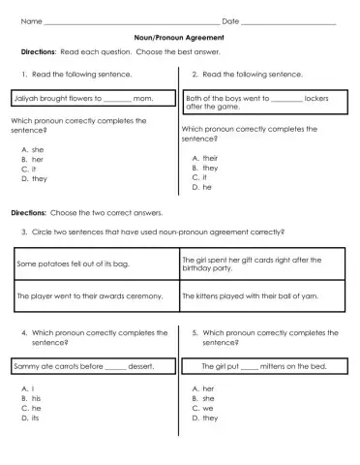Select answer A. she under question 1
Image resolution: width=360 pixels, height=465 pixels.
[33, 150]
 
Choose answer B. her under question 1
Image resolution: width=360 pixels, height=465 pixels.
[33, 160]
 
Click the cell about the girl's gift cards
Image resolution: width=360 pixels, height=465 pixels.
[262, 263]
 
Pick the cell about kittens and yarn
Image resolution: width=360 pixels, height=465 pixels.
[262, 295]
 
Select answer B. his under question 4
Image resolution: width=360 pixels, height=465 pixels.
[32, 398]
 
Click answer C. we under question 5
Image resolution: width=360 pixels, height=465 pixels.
[202, 408]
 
